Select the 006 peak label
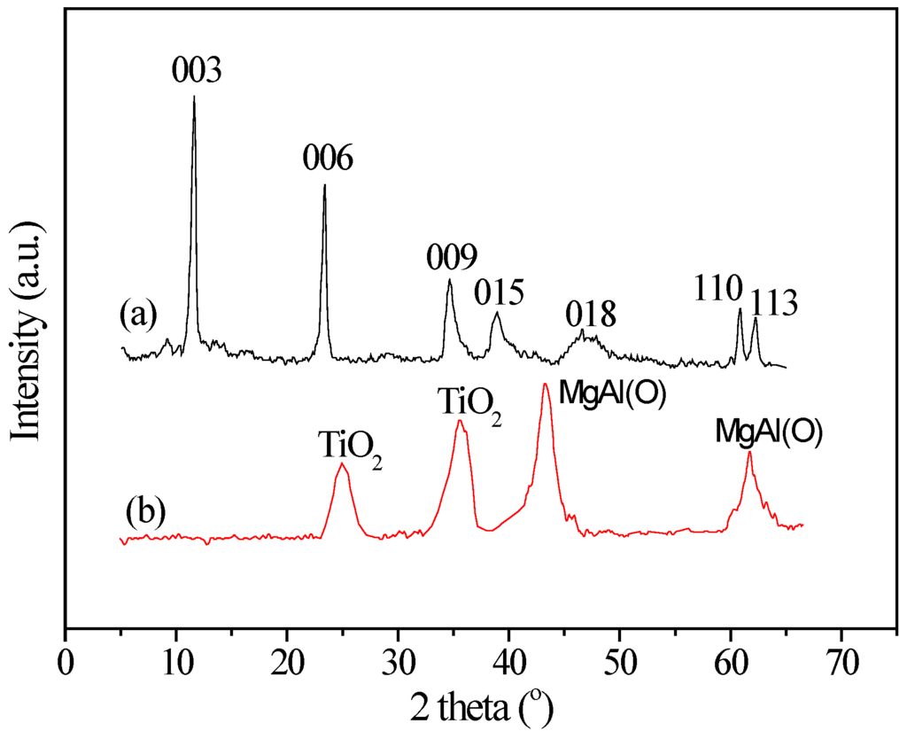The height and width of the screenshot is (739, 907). [x=327, y=159]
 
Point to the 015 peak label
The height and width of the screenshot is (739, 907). [x=499, y=291]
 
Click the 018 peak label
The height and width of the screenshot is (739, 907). [x=591, y=313]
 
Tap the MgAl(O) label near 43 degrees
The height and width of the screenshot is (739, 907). [x=612, y=391]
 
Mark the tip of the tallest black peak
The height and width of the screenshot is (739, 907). [x=194, y=97]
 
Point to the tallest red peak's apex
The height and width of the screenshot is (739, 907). [x=546, y=385]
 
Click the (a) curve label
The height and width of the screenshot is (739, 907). [x=140, y=314]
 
